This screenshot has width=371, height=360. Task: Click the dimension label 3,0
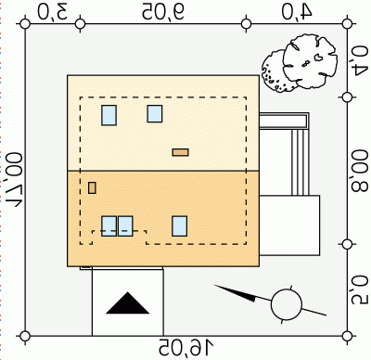(53, 12)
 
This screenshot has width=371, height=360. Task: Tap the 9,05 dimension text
(163, 12)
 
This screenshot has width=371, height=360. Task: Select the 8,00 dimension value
(359, 171)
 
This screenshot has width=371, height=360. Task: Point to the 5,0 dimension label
(359, 289)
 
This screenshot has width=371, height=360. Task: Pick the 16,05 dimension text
(186, 347)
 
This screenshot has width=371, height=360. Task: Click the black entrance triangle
(128, 302)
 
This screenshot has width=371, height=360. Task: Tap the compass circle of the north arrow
(287, 304)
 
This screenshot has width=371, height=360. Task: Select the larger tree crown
(310, 62)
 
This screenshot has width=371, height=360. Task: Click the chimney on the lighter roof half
(181, 152)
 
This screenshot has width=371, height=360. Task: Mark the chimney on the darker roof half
(92, 187)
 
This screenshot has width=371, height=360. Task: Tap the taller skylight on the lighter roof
(109, 115)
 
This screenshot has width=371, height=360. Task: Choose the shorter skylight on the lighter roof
(155, 113)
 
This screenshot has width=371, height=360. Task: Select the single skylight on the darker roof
(179, 226)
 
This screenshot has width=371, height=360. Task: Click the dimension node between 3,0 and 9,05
(81, 24)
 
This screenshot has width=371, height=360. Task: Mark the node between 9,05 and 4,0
(246, 24)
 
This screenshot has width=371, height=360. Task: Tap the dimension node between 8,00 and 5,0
(347, 244)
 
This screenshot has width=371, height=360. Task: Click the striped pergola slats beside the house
(300, 162)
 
